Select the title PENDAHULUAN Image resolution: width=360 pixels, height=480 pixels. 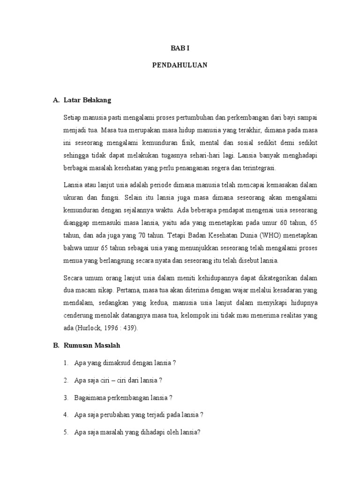(x=180, y=66)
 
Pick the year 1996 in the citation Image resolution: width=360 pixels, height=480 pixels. (x=119, y=328)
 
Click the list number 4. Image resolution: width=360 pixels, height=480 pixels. (x=66, y=415)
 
